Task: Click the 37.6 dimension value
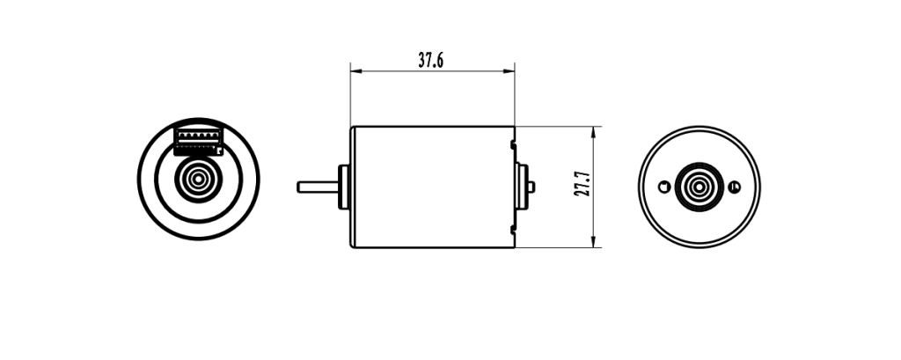(x=430, y=60)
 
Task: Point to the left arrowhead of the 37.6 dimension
(x=354, y=70)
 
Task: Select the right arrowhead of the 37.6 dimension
(x=511, y=70)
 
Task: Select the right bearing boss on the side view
(x=521, y=186)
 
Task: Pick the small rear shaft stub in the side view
(x=531, y=186)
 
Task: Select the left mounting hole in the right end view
(x=664, y=186)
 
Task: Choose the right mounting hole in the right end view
(x=734, y=186)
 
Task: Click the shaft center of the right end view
(x=700, y=187)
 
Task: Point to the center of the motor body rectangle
(x=432, y=187)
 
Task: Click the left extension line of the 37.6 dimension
(x=350, y=97)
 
